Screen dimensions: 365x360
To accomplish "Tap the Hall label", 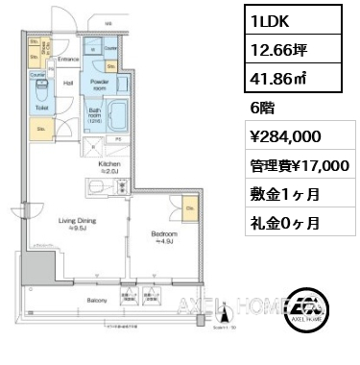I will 68,83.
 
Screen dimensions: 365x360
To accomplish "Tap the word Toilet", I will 41,109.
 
